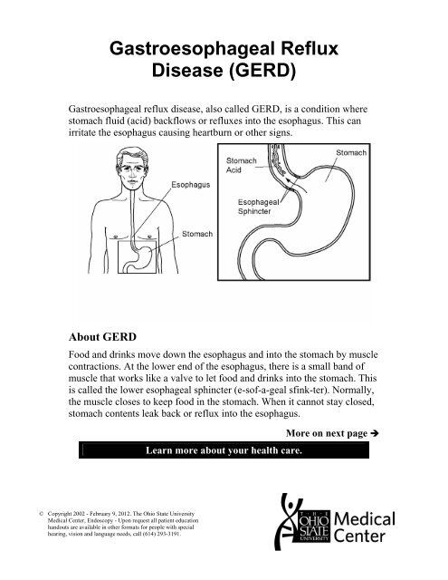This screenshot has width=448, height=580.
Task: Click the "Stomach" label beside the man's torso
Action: tap(198, 234)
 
